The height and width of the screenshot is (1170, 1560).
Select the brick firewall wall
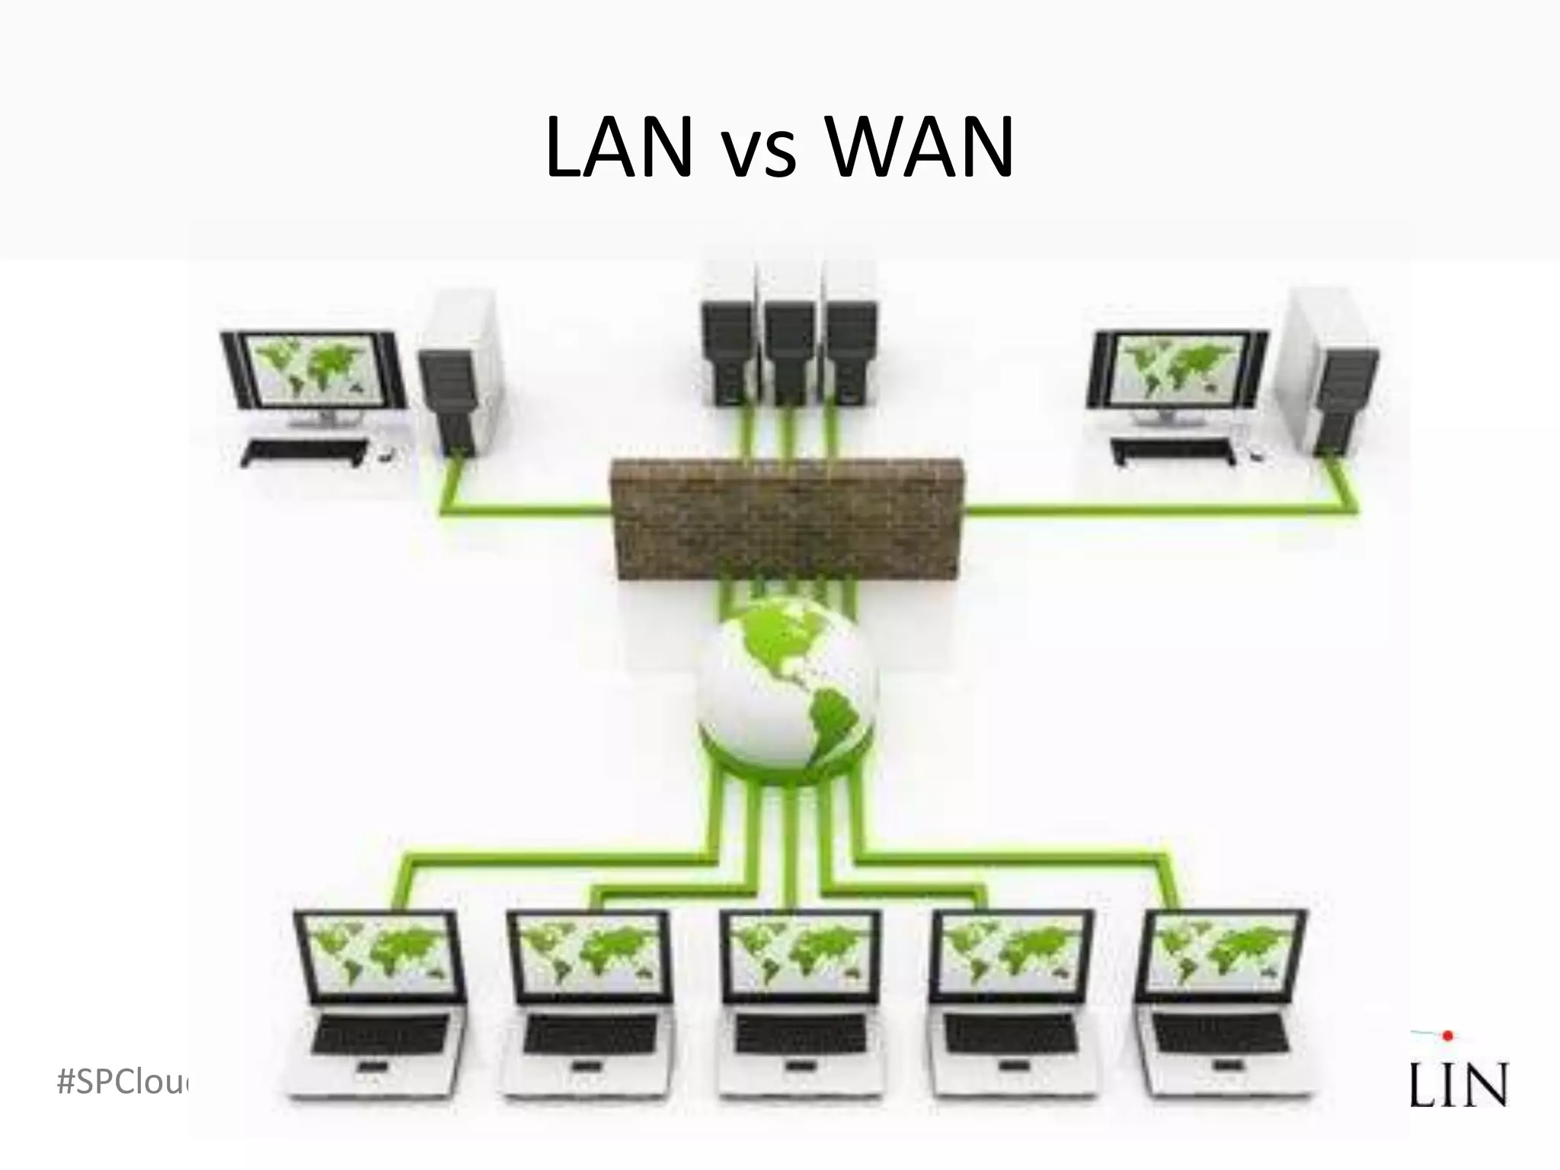(785, 518)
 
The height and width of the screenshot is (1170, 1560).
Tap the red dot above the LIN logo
(1448, 1035)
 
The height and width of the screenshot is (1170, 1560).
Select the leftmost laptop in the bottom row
(379, 1005)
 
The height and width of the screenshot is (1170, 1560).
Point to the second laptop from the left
(589, 1005)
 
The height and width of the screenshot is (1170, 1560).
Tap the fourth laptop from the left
(1012, 1005)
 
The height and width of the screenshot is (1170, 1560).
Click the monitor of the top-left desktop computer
(314, 373)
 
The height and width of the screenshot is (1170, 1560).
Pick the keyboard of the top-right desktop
(1173, 451)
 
